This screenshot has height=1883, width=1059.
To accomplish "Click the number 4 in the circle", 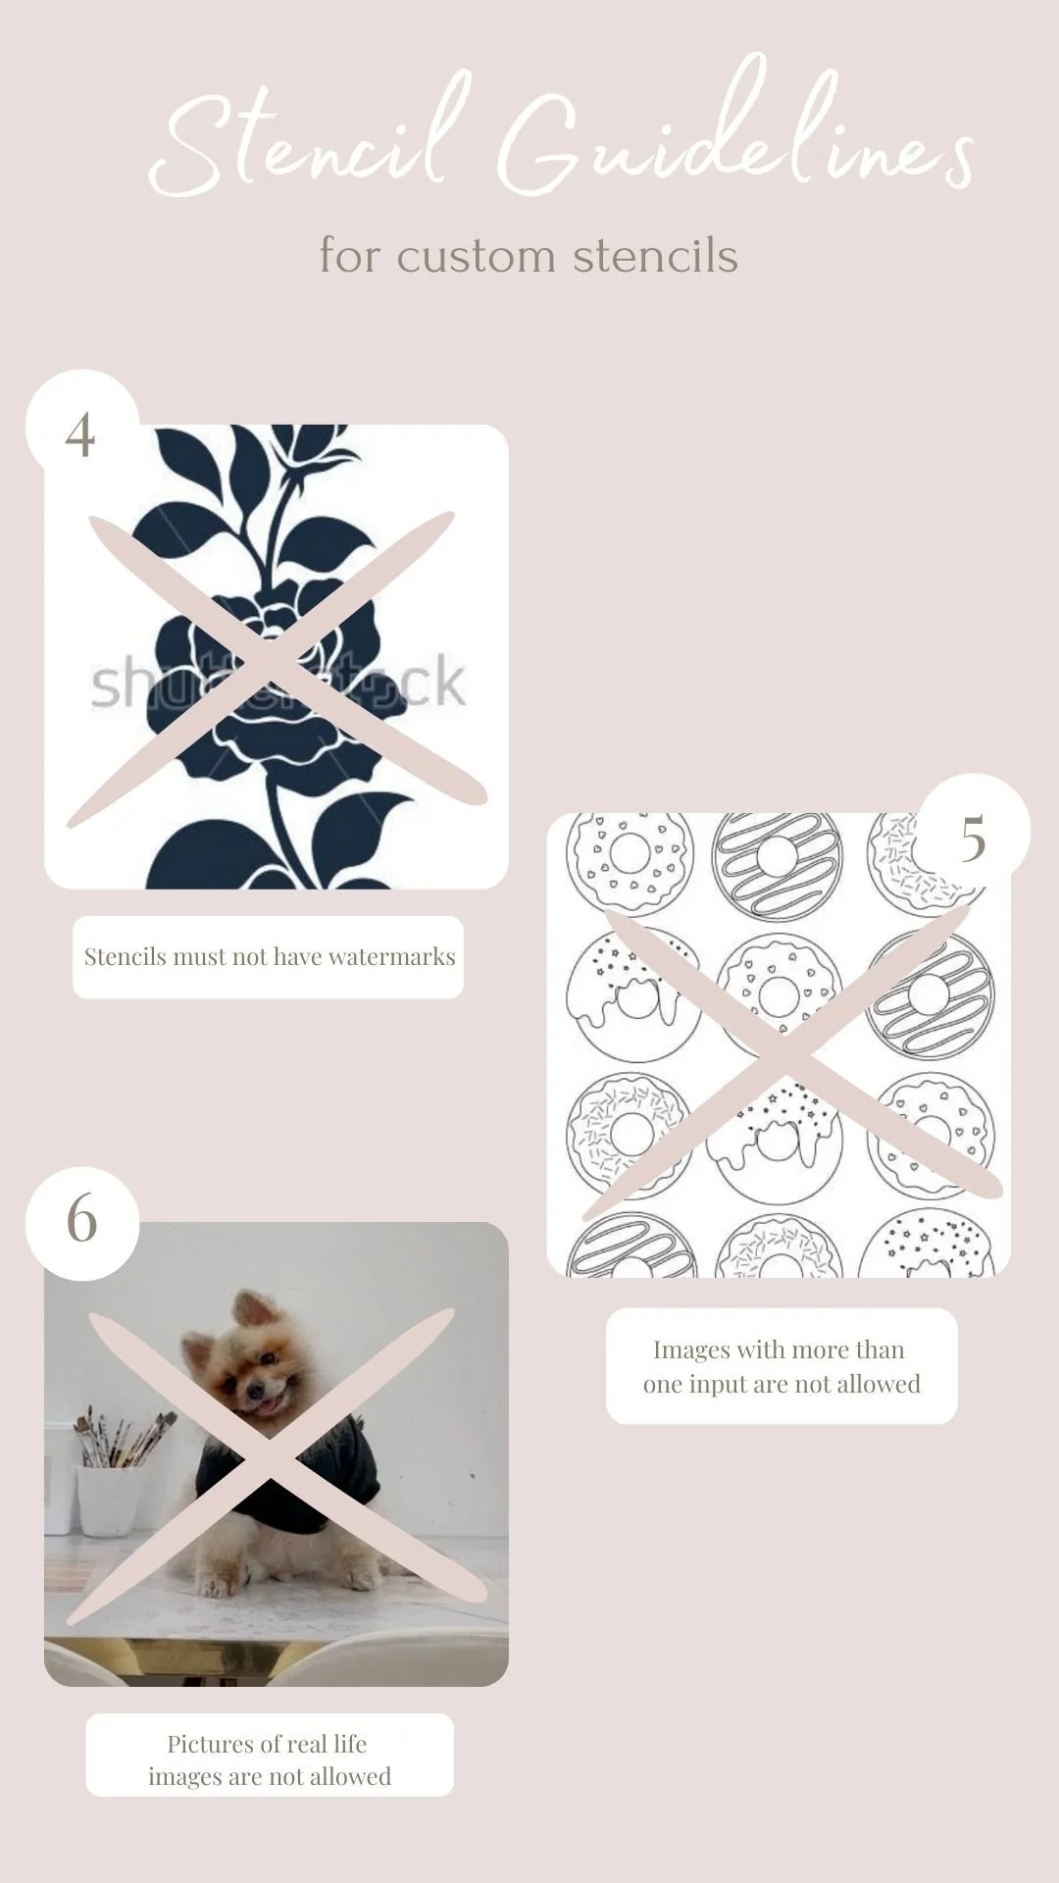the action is click(80, 434).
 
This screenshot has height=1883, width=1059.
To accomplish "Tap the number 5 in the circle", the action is click(973, 839).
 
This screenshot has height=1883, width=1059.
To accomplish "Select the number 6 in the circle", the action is click(81, 1219).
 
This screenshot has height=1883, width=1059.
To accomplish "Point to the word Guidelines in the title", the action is click(735, 127).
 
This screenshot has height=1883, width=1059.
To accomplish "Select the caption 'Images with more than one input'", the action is click(782, 1366).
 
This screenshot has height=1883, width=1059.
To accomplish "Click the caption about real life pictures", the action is click(269, 1759).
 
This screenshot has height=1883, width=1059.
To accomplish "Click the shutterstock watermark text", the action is click(278, 684).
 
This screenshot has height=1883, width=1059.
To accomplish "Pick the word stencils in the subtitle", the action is click(655, 257).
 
